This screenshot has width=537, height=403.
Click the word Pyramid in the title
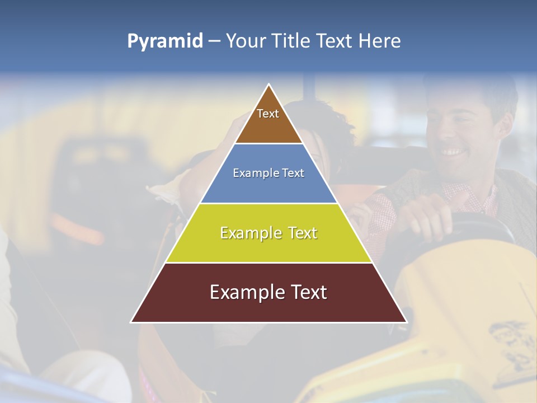[x=165, y=41]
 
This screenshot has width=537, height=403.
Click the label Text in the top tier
[x=268, y=114]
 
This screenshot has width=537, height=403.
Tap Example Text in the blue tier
[x=268, y=174]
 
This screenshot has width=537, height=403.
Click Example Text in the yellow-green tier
[x=268, y=233]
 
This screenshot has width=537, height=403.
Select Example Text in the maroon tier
[x=268, y=292]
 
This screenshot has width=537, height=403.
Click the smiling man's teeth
[x=451, y=152]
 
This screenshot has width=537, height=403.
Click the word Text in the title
[x=336, y=41]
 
